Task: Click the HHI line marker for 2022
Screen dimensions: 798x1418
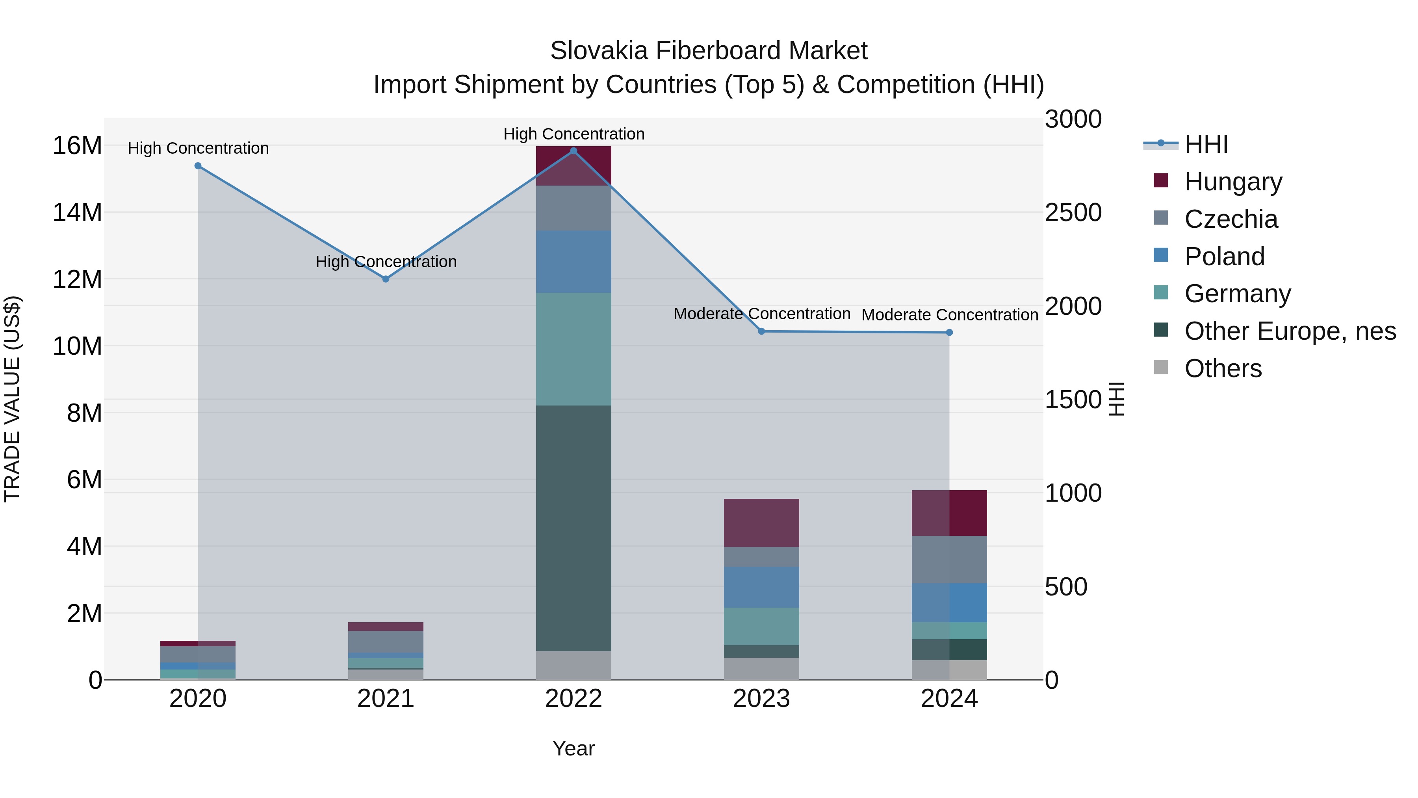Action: (x=573, y=151)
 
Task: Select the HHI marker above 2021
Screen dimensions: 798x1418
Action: (x=386, y=279)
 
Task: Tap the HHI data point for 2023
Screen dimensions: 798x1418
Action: (x=761, y=331)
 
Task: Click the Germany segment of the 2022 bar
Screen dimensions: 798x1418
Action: (x=573, y=349)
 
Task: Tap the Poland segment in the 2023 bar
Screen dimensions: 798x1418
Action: (x=761, y=587)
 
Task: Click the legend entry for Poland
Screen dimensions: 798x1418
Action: (x=1224, y=257)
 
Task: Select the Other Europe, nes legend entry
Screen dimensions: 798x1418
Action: (x=1290, y=331)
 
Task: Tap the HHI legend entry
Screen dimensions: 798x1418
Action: (x=1206, y=144)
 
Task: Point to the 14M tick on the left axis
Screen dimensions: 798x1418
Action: (x=77, y=212)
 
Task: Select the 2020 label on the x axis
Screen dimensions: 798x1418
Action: (x=198, y=699)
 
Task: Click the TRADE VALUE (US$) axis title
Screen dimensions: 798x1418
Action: (x=12, y=399)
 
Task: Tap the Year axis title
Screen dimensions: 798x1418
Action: (x=573, y=748)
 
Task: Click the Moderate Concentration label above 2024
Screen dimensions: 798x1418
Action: (x=950, y=315)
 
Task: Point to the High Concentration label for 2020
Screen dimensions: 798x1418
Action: (x=198, y=148)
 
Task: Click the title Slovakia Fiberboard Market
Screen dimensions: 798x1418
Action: (x=709, y=51)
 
